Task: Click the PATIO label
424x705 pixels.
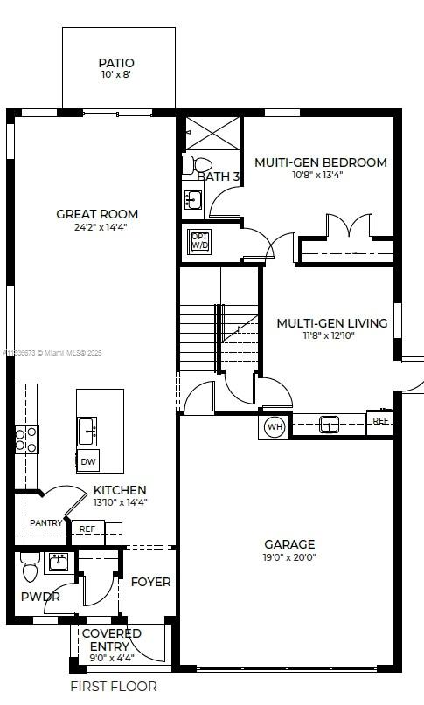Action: tap(116, 63)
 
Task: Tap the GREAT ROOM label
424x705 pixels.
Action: tap(97, 214)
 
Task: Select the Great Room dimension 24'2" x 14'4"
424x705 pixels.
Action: tap(97, 227)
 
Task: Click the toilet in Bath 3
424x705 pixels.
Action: tap(201, 165)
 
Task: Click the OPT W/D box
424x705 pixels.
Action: tap(200, 241)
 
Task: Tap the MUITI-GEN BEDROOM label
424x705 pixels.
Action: tap(320, 162)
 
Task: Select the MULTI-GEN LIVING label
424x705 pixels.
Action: tap(331, 323)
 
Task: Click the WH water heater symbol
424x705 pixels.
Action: tap(274, 427)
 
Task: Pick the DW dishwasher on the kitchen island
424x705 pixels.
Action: tap(88, 461)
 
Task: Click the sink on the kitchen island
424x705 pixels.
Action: tap(87, 429)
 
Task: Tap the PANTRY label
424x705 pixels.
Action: tap(45, 522)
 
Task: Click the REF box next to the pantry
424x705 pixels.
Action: tap(87, 529)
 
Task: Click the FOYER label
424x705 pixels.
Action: tap(150, 582)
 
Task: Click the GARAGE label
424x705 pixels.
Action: tap(289, 543)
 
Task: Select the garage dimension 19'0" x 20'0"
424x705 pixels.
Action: tap(289, 556)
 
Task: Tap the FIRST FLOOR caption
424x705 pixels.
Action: tap(113, 687)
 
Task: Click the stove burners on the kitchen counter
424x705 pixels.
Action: tap(25, 439)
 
